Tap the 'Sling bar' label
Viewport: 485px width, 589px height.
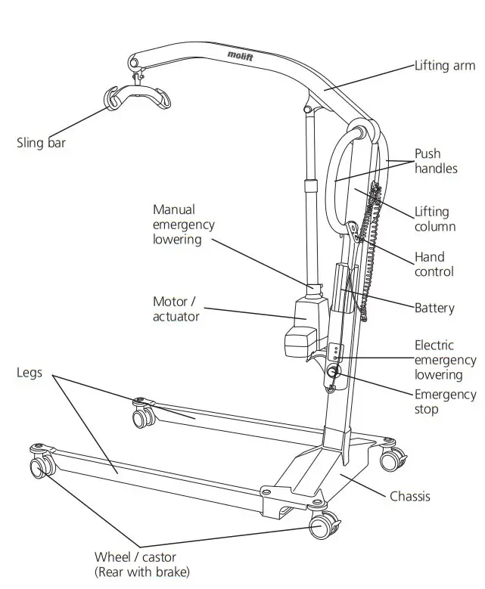(x=41, y=142)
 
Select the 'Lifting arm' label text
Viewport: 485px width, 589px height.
(x=445, y=67)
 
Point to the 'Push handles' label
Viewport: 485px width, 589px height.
(x=436, y=162)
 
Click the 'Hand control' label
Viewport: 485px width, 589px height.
(x=434, y=265)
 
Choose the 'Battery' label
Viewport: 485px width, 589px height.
(x=434, y=308)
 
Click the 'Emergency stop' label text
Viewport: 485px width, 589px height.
(x=446, y=402)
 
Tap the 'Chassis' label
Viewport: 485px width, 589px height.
(x=410, y=497)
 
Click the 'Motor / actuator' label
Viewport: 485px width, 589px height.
(x=176, y=309)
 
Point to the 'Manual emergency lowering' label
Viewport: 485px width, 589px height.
(x=183, y=224)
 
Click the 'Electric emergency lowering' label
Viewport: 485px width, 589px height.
(x=445, y=360)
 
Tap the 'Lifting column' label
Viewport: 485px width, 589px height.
(x=435, y=219)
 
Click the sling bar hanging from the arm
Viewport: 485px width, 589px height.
(x=136, y=97)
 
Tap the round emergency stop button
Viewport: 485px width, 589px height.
(x=334, y=372)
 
